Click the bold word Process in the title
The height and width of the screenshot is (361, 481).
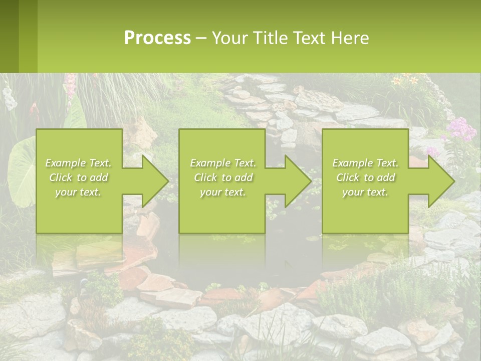(157, 38)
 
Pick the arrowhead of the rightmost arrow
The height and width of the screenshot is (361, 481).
(440, 181)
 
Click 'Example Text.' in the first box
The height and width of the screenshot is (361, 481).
(79, 163)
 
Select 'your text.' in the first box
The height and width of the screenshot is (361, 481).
(79, 192)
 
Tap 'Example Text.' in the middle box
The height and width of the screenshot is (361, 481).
(223, 163)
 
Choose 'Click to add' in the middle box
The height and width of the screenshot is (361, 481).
(223, 177)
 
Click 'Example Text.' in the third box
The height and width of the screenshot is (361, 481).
(365, 163)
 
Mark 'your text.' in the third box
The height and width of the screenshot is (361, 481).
(365, 192)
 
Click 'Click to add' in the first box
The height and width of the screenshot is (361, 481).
(79, 177)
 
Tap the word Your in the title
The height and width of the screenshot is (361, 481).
(228, 38)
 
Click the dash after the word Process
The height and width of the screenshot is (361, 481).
(201, 38)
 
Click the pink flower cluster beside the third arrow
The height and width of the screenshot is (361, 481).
(459, 129)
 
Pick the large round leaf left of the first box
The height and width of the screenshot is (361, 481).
(20, 170)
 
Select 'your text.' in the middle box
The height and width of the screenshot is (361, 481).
(223, 192)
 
